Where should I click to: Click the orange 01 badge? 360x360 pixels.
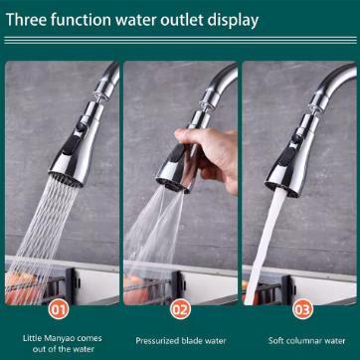point(60,309)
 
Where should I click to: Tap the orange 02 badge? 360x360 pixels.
point(181,309)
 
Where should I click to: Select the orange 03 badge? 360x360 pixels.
point(302,309)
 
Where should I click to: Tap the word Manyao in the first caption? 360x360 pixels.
point(58,338)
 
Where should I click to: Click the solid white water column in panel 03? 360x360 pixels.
point(266,246)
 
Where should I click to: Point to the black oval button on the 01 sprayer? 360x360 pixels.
point(72,145)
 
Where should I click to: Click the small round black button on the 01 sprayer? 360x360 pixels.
point(81,127)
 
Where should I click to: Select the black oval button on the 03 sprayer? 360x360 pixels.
point(287,156)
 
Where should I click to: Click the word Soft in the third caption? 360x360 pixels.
point(275,340)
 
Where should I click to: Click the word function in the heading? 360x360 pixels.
point(79,20)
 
